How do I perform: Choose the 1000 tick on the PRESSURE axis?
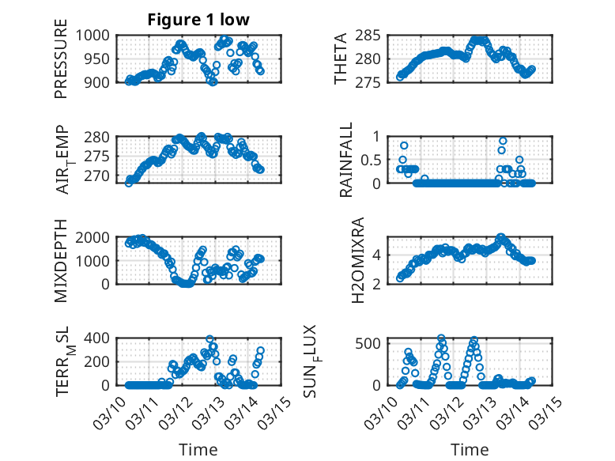pos(96,35)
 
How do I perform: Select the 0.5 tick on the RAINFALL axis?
pos(372,160)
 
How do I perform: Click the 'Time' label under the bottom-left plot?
pos(198,450)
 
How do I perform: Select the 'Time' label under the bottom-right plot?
pos(470,450)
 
